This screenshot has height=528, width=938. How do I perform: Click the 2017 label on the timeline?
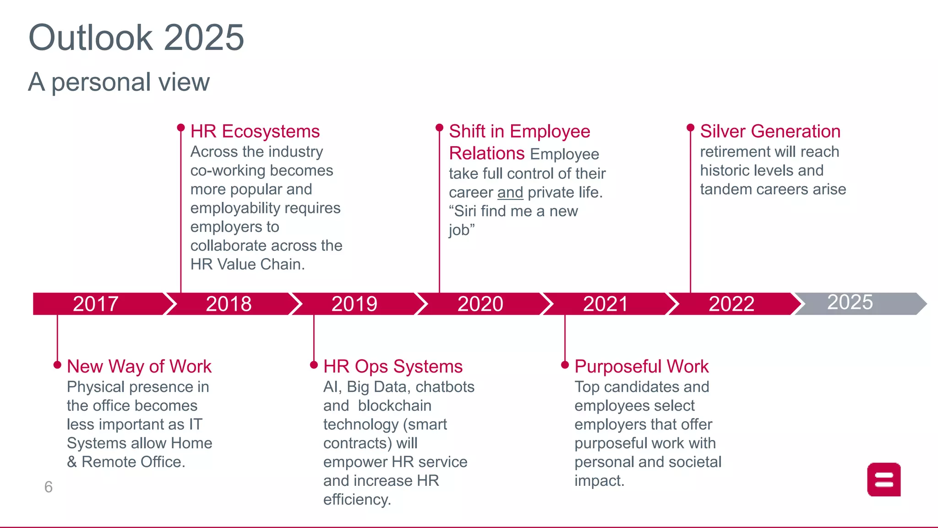tap(96, 304)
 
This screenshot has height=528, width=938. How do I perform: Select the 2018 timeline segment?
tap(229, 304)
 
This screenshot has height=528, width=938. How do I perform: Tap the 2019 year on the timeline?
tap(354, 304)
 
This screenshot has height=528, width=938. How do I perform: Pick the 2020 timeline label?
tap(480, 304)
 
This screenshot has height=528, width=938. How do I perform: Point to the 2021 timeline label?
tap(605, 304)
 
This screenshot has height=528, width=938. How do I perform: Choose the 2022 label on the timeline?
tap(731, 304)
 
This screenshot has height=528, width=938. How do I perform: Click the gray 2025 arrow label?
tap(850, 302)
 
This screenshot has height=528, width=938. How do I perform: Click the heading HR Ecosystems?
tap(255, 132)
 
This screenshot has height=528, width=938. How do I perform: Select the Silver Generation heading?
tap(770, 132)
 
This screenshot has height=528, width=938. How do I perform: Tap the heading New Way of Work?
tap(139, 367)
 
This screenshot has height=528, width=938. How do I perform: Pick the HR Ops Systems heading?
tap(393, 367)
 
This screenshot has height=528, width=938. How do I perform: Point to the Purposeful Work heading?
tap(642, 367)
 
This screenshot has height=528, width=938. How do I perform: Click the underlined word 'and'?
tap(510, 192)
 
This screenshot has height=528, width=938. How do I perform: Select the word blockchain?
tap(395, 406)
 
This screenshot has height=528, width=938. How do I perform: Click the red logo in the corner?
tap(884, 480)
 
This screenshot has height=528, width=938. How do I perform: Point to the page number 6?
tap(49, 487)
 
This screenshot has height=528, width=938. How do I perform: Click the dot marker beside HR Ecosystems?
tap(181, 127)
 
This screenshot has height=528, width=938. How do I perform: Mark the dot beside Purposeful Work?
tap(565, 365)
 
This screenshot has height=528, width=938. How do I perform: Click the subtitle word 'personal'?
tap(101, 82)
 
